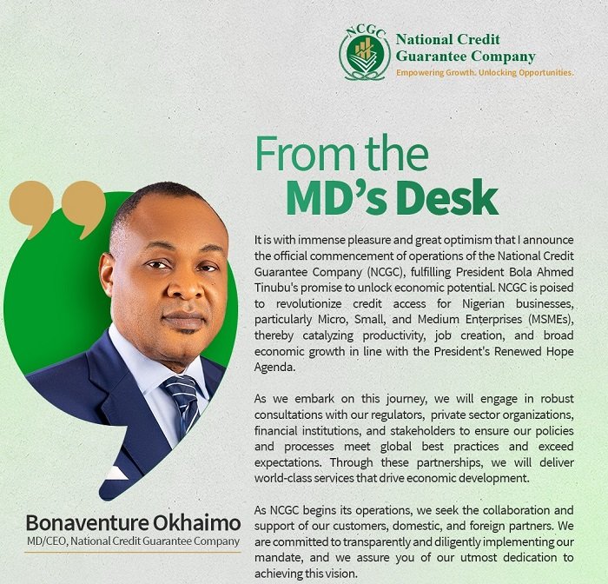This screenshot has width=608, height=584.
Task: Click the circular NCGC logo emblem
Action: [365, 53]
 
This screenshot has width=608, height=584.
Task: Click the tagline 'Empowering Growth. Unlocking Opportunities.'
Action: [485, 72]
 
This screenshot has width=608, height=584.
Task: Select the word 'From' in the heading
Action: [305, 153]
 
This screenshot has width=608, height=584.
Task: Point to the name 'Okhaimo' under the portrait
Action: [196, 523]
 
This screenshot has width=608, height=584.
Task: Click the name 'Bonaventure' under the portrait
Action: [88, 523]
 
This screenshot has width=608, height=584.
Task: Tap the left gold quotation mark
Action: [31, 207]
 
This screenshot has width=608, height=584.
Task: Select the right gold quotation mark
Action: [83, 207]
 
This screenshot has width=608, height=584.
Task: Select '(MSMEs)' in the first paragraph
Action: [550, 320]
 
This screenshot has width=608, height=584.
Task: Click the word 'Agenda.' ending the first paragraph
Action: [275, 368]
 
